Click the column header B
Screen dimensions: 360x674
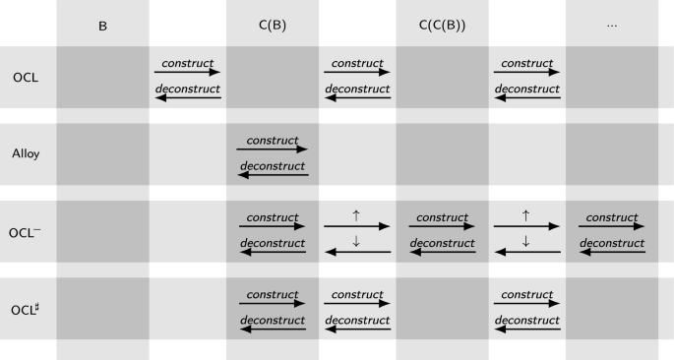(x=102, y=25)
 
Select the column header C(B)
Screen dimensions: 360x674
(x=273, y=25)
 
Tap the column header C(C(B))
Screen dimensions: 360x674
(x=442, y=25)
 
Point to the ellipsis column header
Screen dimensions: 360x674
(x=612, y=25)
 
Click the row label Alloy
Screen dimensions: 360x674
(x=27, y=153)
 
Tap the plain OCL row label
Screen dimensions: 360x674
(x=27, y=77)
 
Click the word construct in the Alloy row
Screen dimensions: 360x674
(x=273, y=141)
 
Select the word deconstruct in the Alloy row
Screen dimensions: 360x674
(x=273, y=166)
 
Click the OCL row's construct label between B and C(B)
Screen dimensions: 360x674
(x=187, y=63)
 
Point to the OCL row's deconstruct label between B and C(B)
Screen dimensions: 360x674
(x=187, y=89)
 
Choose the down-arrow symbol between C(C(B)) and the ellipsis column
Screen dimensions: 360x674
(x=526, y=241)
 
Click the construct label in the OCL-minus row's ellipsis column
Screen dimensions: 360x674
(x=612, y=216)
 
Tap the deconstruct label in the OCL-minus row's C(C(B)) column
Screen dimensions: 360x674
(x=442, y=242)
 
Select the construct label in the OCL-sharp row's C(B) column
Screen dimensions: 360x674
(x=273, y=294)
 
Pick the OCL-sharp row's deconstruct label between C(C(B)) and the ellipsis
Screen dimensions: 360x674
(x=526, y=320)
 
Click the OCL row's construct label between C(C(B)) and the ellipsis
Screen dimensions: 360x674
(x=526, y=63)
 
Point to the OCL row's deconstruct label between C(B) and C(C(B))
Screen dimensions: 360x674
(x=357, y=89)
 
